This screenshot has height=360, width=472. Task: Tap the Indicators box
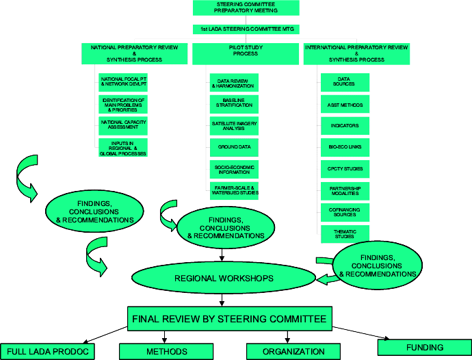345,126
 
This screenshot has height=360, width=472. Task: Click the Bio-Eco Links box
345,147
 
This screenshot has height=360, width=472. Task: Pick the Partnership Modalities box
345,190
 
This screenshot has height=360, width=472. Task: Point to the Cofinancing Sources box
345,211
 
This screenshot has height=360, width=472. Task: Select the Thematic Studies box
345,234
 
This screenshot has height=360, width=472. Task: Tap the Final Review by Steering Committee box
229,318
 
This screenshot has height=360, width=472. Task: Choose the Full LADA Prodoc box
47,351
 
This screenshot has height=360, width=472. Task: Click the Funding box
424,347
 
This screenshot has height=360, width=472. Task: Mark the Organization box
295,351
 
